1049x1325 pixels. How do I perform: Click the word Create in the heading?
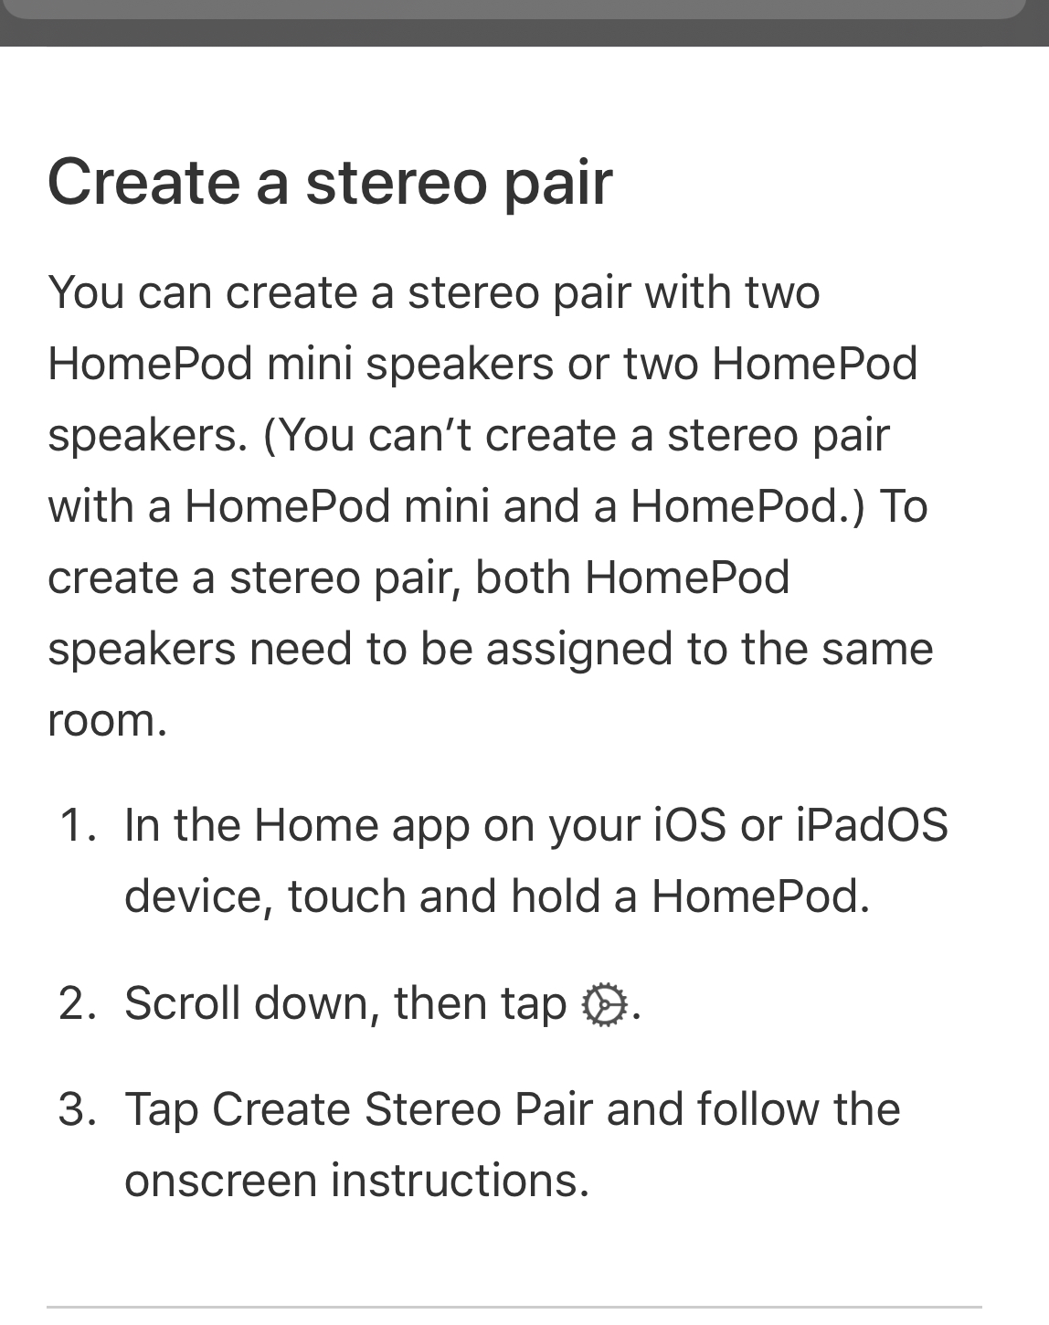[143, 182]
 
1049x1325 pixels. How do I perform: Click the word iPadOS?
[872, 825]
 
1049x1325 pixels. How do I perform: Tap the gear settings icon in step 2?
[605, 1004]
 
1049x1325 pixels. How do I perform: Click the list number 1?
[79, 825]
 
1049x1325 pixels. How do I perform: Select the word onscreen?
[220, 1181]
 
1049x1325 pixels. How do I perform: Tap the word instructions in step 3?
[460, 1180]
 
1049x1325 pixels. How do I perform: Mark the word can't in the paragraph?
[419, 435]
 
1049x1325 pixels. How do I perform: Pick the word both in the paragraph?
[523, 577]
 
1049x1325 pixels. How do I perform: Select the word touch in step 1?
[346, 896]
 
